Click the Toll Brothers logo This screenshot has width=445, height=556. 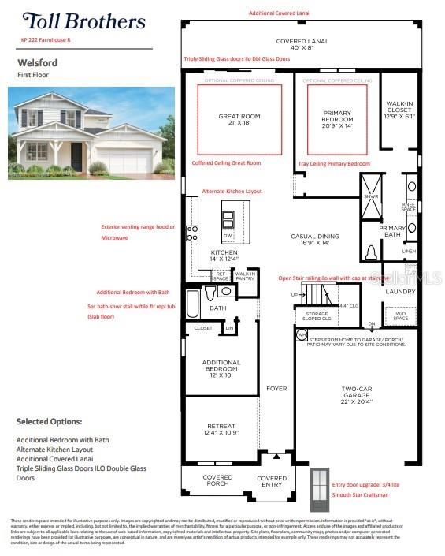(x=83, y=21)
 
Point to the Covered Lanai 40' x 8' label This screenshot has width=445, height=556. (x=301, y=44)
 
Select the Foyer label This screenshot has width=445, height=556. (x=276, y=388)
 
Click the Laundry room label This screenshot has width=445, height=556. (x=399, y=291)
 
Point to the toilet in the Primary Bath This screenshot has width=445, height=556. (x=371, y=252)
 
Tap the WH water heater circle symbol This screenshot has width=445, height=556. (x=301, y=335)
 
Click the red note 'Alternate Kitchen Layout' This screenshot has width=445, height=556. (x=232, y=192)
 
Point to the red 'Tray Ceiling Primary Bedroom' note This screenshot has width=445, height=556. (x=336, y=163)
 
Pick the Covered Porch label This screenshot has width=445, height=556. (x=217, y=481)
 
